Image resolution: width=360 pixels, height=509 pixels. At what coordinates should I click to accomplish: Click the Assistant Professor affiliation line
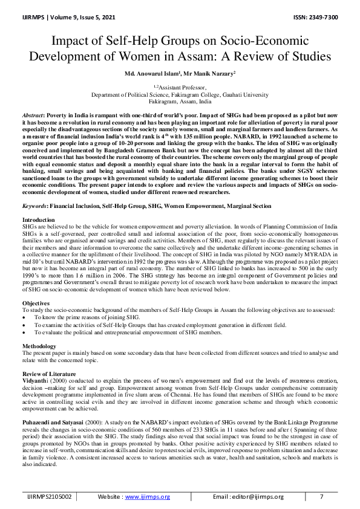coord(180,88)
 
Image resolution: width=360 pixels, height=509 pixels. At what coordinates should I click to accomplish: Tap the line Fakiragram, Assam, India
coord(180,102)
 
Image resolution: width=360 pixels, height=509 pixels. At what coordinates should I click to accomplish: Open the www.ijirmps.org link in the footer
coord(148,496)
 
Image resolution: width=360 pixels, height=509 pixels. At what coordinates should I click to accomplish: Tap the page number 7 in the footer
coord(321,496)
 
